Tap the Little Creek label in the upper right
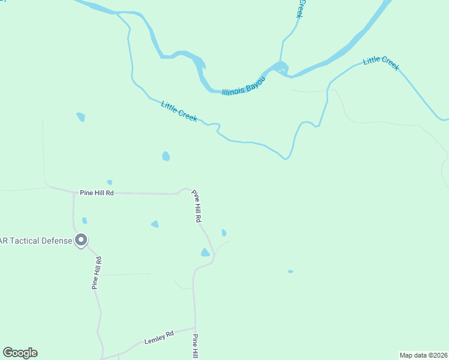pyautogui.click(x=381, y=62)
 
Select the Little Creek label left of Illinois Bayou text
pyautogui.click(x=179, y=112)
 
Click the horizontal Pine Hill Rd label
pyautogui.click(x=97, y=193)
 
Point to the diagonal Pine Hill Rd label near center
pyautogui.click(x=196, y=206)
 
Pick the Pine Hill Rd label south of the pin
pyautogui.click(x=97, y=273)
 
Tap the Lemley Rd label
pyautogui.click(x=158, y=337)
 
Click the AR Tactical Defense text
pyautogui.click(x=36, y=241)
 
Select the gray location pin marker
pyautogui.click(x=82, y=240)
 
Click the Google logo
pyautogui.click(x=20, y=353)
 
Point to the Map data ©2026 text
pyautogui.click(x=423, y=355)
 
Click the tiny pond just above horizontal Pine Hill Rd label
pyautogui.click(x=109, y=182)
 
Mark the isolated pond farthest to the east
pyautogui.click(x=291, y=271)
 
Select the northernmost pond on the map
pyautogui.click(x=80, y=117)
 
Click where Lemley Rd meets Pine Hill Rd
pyautogui.click(x=194, y=328)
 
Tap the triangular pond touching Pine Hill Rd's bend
pyautogui.click(x=205, y=253)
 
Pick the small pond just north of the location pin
pyautogui.click(x=85, y=221)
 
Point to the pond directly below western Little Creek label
pyautogui.click(x=166, y=157)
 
